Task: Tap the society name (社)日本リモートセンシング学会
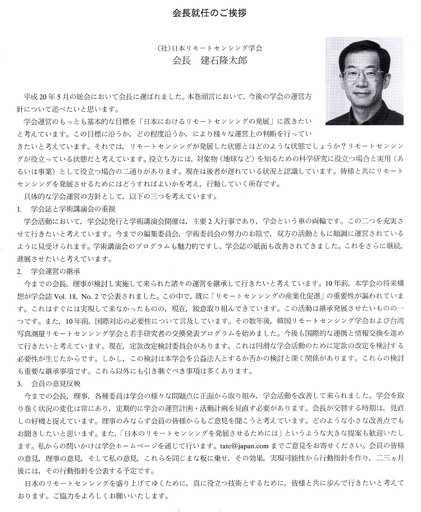pos(210,48)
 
